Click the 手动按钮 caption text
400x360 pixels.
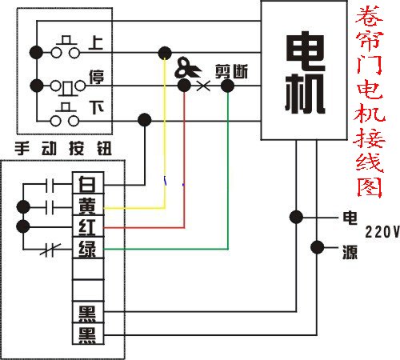63,148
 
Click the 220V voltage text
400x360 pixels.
382,233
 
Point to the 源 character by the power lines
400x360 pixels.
350,251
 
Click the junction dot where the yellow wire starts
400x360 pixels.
165,53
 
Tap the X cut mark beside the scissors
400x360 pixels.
202,82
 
